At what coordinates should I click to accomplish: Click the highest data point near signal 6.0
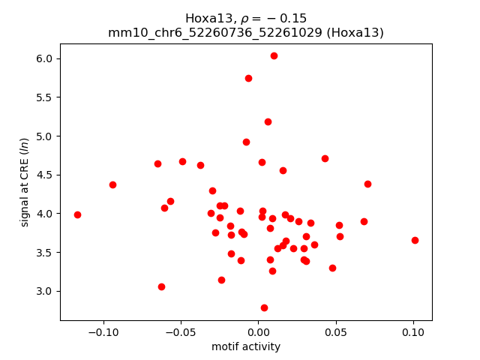[274, 55]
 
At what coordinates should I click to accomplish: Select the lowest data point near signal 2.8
[264, 307]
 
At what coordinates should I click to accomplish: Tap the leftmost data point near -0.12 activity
[77, 214]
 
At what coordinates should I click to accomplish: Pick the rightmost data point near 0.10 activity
[415, 240]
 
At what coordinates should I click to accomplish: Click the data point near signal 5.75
[248, 78]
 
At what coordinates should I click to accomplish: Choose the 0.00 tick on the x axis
[258, 321]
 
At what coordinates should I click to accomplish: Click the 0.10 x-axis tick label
[412, 331]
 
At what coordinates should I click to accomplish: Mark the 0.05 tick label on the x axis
[335, 331]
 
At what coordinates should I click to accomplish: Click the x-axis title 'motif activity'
[246, 346]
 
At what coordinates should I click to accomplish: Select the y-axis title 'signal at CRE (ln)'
[25, 182]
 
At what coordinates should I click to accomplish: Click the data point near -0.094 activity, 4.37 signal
[112, 184]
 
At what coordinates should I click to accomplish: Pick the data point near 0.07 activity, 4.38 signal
[367, 184]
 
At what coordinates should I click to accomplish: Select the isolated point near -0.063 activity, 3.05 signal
[161, 286]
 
